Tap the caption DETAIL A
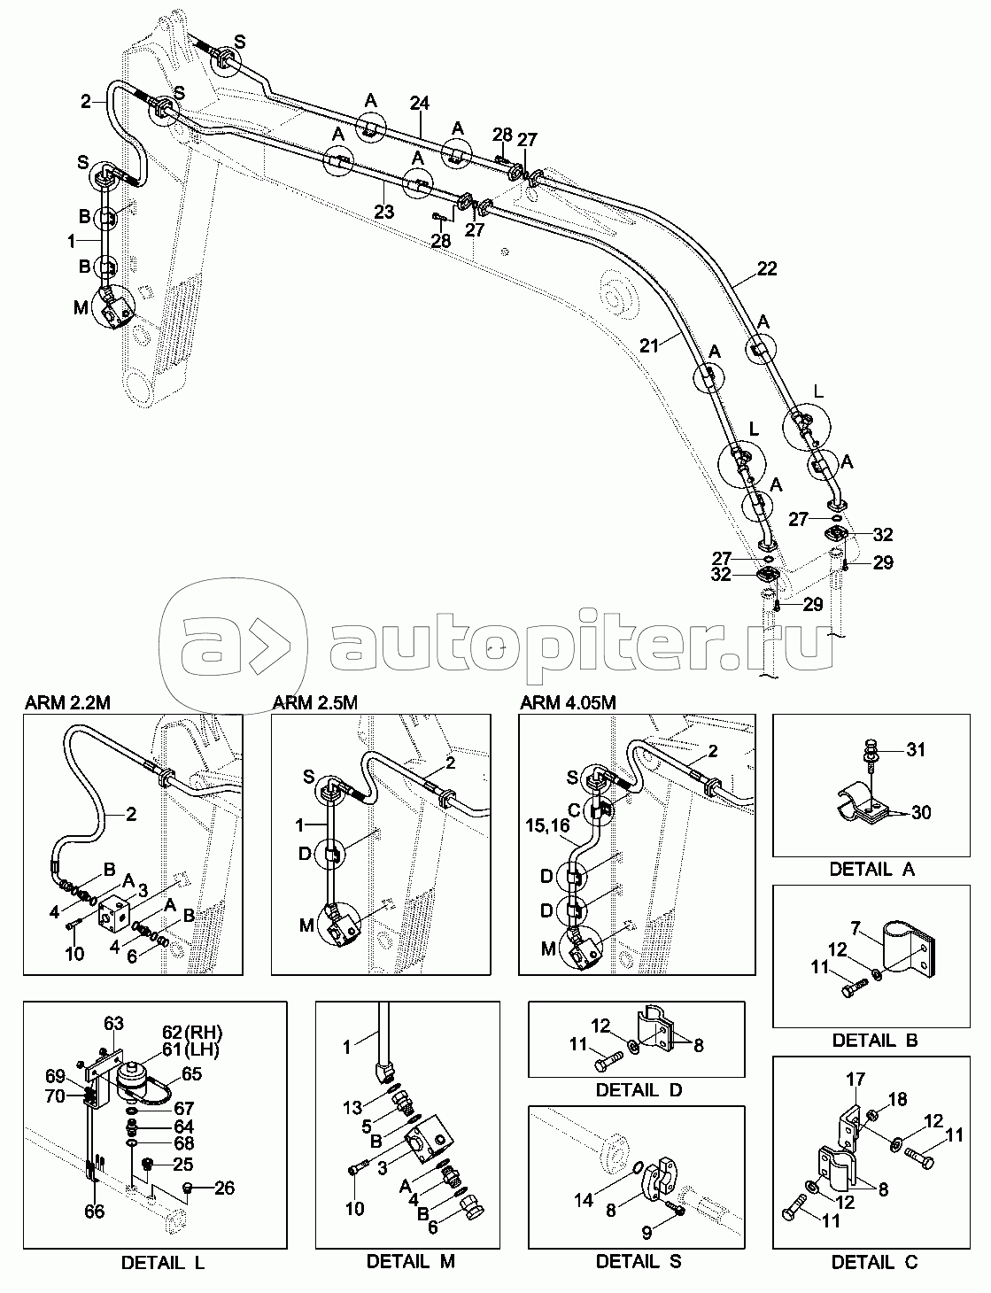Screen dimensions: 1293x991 click(x=871, y=869)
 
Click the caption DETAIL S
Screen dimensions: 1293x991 click(x=638, y=1260)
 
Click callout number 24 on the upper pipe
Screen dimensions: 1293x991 click(x=419, y=105)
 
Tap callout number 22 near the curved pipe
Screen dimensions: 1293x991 click(x=766, y=268)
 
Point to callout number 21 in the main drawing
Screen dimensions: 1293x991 click(x=650, y=345)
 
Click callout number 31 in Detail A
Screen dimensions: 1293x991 click(x=915, y=750)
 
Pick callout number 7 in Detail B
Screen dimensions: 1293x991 click(x=856, y=927)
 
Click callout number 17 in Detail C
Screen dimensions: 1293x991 click(x=855, y=1080)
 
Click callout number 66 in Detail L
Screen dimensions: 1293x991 click(x=94, y=1212)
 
